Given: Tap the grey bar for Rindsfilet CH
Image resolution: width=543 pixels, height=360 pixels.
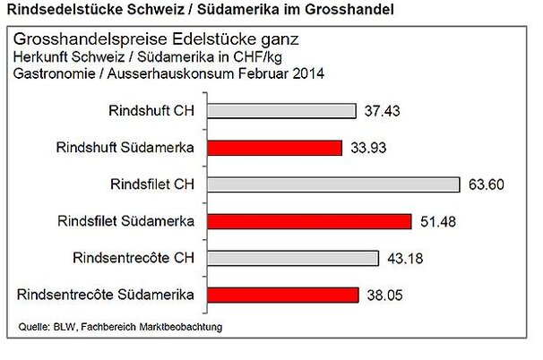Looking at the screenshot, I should pos(332,184).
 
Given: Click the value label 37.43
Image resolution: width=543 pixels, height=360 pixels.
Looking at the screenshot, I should pos(384,111).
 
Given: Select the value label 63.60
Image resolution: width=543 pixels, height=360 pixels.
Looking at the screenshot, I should pos(487,185).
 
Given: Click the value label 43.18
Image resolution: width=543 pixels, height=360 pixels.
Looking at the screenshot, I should pos(404,259).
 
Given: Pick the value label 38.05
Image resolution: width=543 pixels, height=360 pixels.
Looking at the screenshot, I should pos(384,295).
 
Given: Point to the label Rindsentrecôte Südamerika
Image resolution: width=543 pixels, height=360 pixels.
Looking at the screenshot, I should pos(111,294).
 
